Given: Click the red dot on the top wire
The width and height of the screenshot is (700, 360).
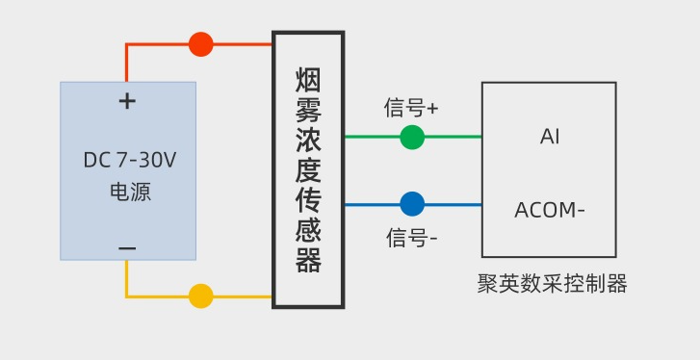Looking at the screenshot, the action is (200, 44).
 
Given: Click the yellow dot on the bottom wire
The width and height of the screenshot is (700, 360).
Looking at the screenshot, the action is (200, 296).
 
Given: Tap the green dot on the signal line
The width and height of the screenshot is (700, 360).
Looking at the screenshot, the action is (412, 137).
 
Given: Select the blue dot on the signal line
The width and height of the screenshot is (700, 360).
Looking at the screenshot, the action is (412, 204).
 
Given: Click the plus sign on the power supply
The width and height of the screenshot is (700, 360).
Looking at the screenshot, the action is (127, 101).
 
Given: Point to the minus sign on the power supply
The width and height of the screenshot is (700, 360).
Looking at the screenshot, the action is (127, 248).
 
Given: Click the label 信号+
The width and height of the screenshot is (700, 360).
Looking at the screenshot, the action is (411, 108).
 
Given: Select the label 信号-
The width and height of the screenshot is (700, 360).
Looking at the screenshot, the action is (412, 237).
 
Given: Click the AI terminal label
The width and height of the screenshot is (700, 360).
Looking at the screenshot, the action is (550, 137).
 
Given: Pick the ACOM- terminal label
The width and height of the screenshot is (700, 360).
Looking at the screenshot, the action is (550, 210).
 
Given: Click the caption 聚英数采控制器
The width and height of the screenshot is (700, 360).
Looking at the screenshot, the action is (552, 284).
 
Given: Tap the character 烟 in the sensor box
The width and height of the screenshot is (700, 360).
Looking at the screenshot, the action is (308, 78).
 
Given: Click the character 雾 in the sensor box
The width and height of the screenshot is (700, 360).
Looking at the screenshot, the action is (308, 109).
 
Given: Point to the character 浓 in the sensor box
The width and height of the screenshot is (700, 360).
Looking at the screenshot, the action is (308, 140).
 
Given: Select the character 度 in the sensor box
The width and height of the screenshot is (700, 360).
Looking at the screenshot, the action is (308, 170).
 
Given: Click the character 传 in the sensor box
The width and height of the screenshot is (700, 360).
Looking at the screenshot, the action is (308, 201).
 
